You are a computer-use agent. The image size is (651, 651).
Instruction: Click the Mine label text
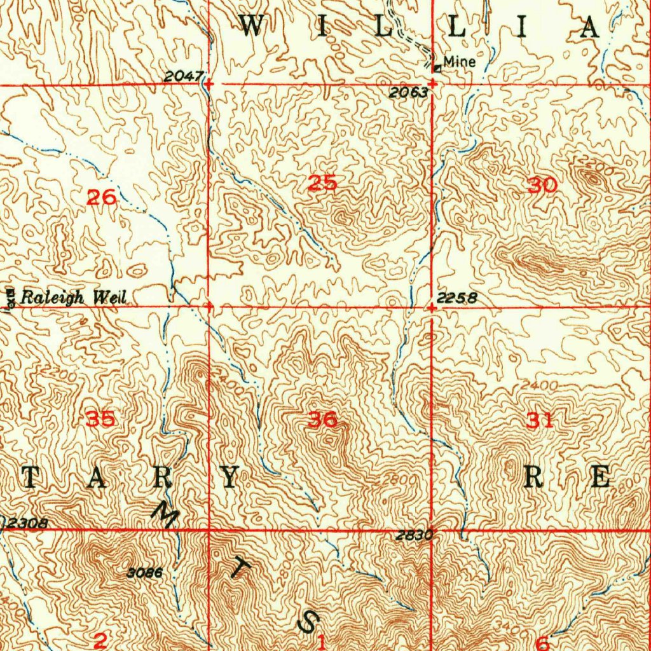460,62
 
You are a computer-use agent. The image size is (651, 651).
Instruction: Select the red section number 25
322,184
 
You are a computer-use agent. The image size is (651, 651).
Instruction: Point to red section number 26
101,198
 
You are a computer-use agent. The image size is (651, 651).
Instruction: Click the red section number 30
542,186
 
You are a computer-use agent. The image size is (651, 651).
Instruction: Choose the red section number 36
322,420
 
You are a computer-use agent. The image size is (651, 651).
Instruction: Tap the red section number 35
101,420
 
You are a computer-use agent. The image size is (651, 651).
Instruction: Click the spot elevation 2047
183,77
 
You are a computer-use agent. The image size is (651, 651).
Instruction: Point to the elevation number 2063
408,93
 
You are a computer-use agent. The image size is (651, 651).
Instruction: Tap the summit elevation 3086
145,573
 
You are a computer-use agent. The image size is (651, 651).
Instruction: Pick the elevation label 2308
26,524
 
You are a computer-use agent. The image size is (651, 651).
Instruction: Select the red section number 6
542,641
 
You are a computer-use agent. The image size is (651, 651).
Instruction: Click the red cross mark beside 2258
432,308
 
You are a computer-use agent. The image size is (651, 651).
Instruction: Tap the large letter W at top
252,27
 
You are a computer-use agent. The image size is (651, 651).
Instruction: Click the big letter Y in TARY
230,477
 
